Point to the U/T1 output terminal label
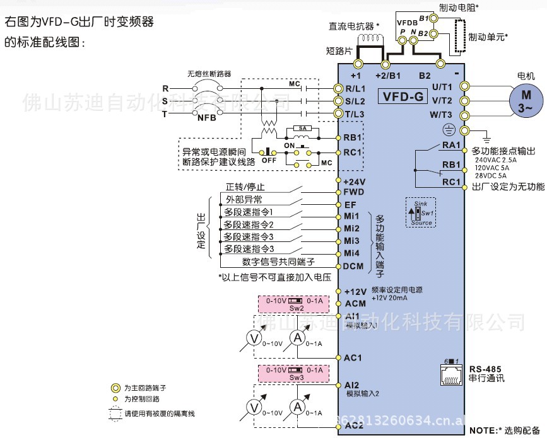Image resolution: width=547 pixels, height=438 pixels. click(x=442, y=86)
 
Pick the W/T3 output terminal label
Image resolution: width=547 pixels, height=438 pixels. click(x=441, y=115)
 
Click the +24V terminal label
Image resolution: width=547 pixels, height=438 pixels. click(x=355, y=182)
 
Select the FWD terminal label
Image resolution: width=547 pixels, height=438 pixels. click(x=354, y=192)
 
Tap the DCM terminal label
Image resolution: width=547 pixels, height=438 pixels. click(x=353, y=266)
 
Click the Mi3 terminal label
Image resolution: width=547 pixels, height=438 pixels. click(x=352, y=241)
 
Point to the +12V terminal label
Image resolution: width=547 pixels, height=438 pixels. click(x=356, y=292)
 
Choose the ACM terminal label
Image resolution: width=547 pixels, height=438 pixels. click(x=355, y=303)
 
